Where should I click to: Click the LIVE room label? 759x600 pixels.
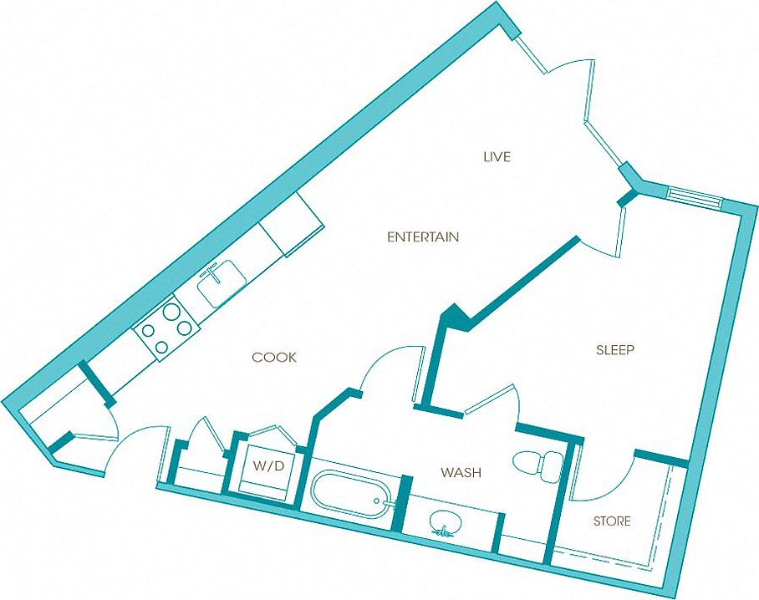[x=497, y=157]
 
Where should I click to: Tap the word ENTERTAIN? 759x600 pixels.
[x=423, y=237]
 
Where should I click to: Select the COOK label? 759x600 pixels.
[x=274, y=358]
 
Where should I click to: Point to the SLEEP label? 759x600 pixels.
[x=614, y=350]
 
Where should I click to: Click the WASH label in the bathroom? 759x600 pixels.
[x=461, y=472]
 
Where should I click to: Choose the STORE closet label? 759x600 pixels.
[x=612, y=521]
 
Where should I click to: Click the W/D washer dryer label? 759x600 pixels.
[x=268, y=466]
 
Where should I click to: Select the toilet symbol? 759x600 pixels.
[x=537, y=466]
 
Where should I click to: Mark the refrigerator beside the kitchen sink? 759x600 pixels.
[x=291, y=224]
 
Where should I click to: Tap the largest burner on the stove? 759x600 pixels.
[x=171, y=311]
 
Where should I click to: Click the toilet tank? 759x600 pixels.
[x=552, y=466]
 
